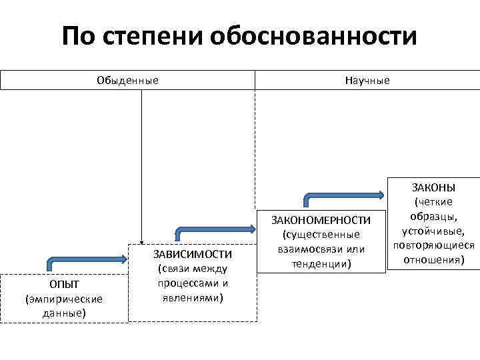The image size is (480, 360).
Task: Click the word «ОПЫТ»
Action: point(64,285)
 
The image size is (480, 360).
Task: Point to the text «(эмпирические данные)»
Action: point(64,305)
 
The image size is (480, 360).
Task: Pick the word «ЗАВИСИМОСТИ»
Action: point(193,255)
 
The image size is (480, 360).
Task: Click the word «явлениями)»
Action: point(193,297)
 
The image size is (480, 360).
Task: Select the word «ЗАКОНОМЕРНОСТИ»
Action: point(323,221)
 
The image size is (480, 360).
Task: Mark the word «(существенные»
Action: point(323,235)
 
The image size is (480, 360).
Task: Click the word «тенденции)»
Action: point(323,263)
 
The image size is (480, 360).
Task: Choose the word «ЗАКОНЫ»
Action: point(433,187)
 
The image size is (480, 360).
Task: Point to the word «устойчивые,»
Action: point(433,231)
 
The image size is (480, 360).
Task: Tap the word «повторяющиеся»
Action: point(433,245)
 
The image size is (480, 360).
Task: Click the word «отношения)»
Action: point(433,259)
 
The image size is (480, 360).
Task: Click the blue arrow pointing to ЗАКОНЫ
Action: point(343,195)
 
